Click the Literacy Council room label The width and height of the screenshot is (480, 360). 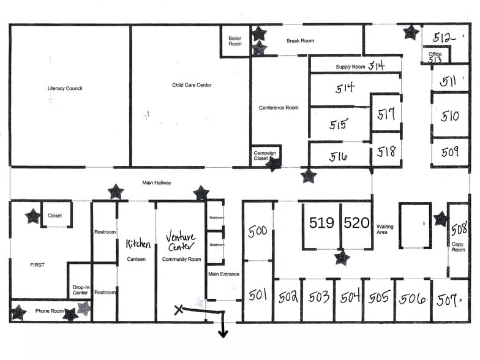click(x=65, y=89)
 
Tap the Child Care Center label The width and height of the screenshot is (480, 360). click(x=192, y=85)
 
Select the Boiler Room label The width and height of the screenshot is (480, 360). click(x=235, y=40)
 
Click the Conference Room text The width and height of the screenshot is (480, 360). click(x=279, y=108)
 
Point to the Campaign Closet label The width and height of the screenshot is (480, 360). click(x=265, y=156)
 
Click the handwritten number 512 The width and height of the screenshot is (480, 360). click(x=444, y=37)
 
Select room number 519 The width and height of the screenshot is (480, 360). click(x=321, y=223)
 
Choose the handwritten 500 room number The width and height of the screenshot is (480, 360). click(x=258, y=231)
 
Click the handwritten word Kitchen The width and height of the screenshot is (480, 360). click(x=138, y=244)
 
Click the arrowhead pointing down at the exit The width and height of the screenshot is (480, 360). click(x=223, y=333)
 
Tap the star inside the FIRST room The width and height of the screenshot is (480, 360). click(x=32, y=216)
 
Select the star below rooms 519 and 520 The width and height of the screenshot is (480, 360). click(x=342, y=258)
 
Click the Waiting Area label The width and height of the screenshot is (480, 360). click(x=385, y=230)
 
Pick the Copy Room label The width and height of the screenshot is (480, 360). click(x=459, y=247)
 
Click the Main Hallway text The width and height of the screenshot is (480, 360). click(x=157, y=182)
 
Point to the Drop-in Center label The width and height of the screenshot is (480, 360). click(x=80, y=290)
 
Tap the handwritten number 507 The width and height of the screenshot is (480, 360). click(x=448, y=300)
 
